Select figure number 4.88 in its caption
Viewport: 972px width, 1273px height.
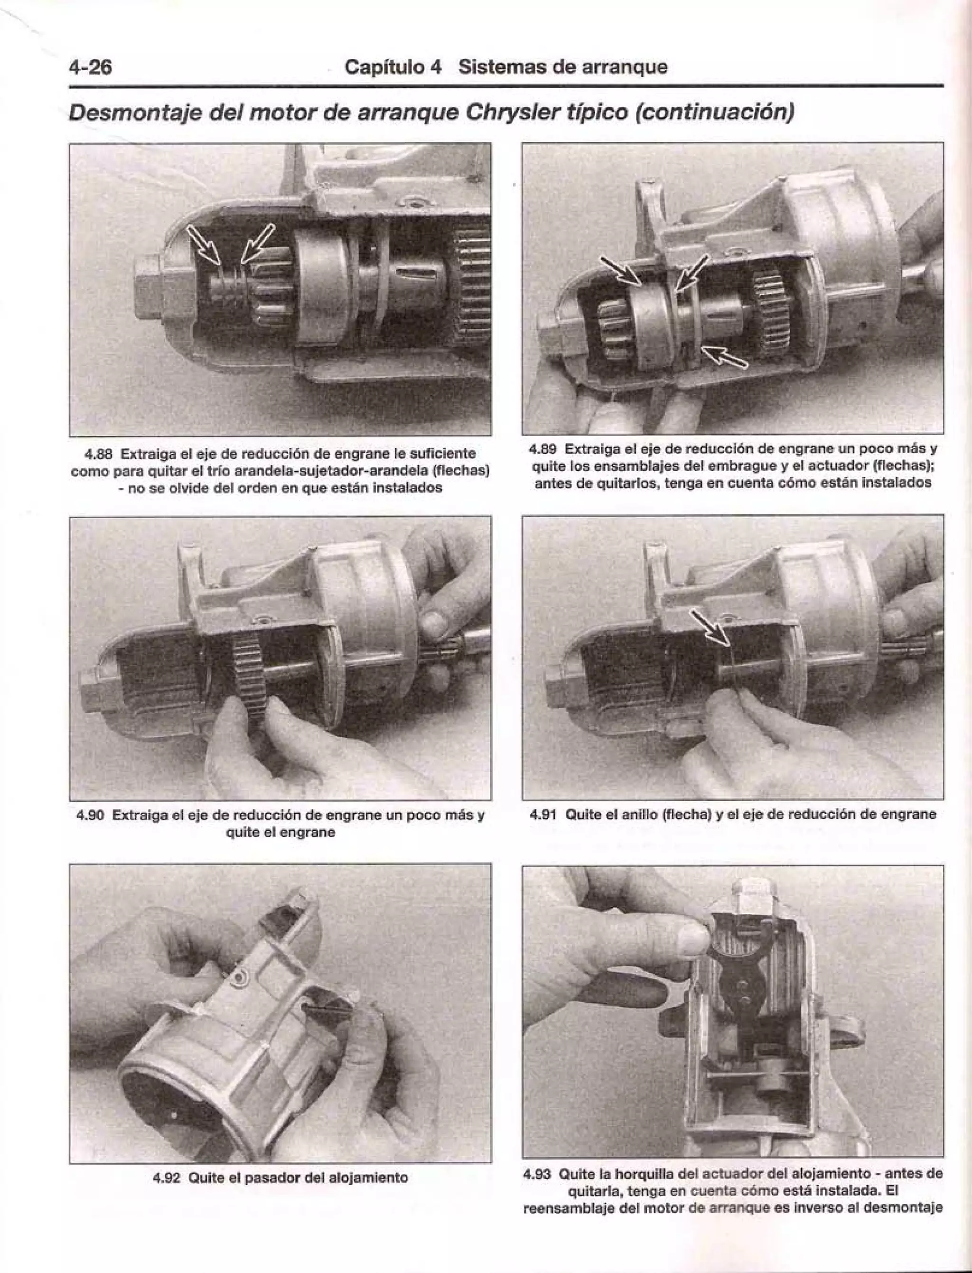pos(97,454)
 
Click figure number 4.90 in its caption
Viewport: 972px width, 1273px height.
pos(90,816)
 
